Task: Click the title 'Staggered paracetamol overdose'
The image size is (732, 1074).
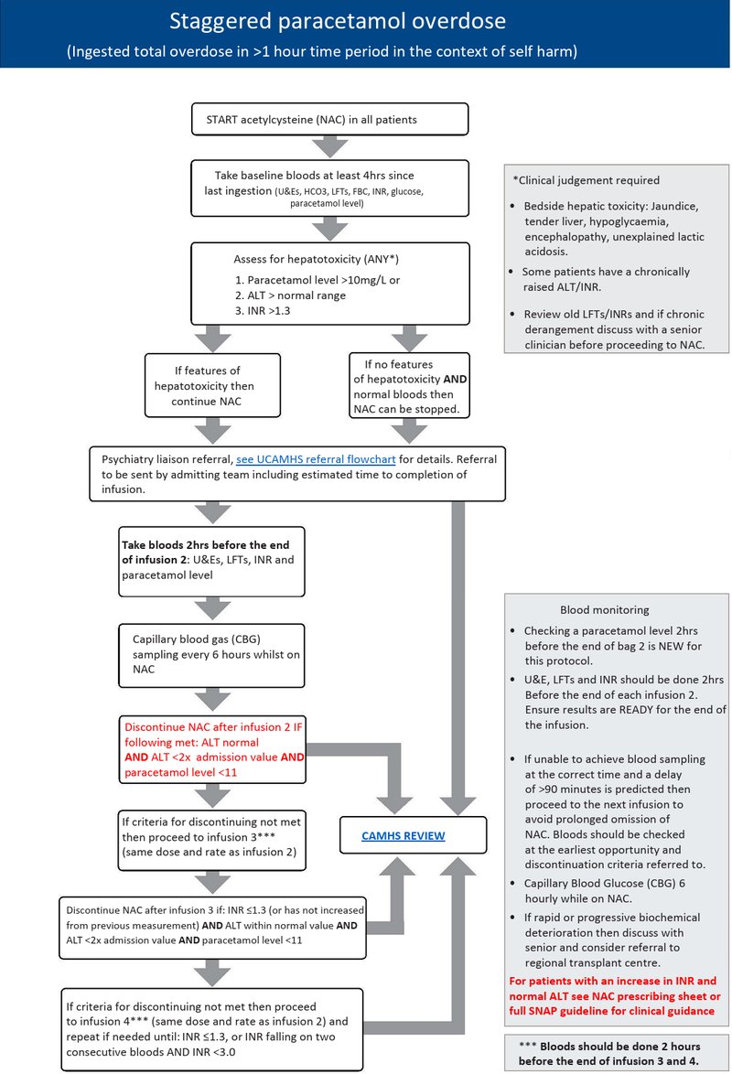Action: point(338,21)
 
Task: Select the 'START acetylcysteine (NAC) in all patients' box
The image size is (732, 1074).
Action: point(329,119)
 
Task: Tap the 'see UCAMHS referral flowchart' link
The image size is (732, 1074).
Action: point(316,459)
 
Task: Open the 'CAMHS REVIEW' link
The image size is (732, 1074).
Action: point(403,835)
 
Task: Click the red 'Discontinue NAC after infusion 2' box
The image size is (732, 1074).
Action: point(212,749)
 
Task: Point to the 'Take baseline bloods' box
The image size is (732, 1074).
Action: point(329,188)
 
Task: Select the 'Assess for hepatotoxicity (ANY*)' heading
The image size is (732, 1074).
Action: point(316,259)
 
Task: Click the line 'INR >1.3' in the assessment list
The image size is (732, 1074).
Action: point(263,311)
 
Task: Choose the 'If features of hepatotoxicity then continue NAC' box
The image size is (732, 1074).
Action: point(212,386)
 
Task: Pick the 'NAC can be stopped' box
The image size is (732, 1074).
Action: point(409,386)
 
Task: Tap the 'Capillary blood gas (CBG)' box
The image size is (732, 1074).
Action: point(211,655)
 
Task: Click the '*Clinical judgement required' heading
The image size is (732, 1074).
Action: point(586,180)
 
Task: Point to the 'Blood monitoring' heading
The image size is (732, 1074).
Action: point(605,609)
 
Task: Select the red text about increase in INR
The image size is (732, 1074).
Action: point(615,996)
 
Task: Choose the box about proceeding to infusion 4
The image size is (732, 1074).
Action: point(211,1029)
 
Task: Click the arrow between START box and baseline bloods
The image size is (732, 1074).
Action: point(330,146)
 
